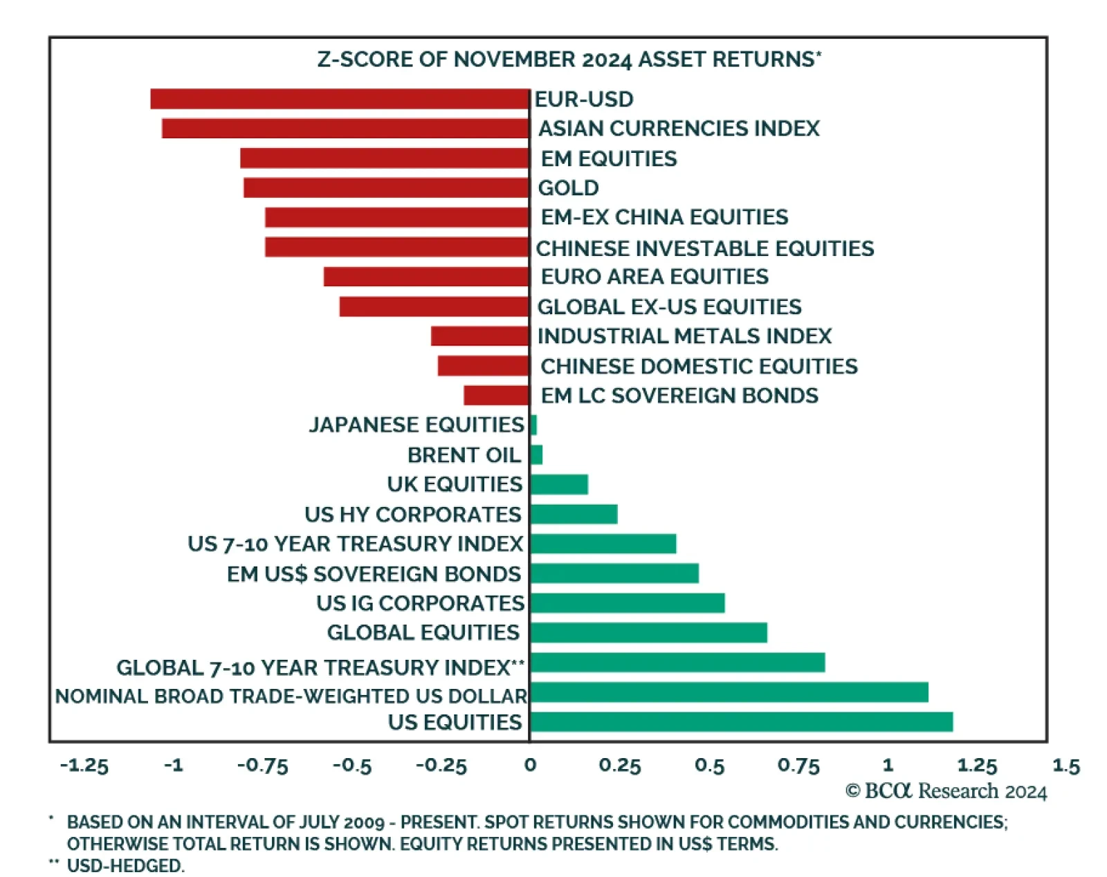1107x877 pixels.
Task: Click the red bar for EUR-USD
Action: pyautogui.click(x=340, y=99)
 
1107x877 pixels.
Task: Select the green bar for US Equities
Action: pyautogui.click(x=741, y=722)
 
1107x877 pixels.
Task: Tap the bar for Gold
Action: pyautogui.click(x=386, y=187)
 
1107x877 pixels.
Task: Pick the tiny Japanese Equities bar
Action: pyautogui.click(x=533, y=425)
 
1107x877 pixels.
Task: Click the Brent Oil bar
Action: pyautogui.click(x=536, y=454)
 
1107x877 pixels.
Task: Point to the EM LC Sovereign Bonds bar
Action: pyautogui.click(x=496, y=396)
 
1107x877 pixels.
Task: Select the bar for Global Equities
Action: pyautogui.click(x=648, y=633)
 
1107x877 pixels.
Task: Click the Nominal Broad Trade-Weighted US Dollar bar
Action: pyautogui.click(x=729, y=692)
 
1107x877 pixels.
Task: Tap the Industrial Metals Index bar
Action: pyautogui.click(x=479, y=336)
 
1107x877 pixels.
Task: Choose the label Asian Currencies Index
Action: pyautogui.click(x=679, y=129)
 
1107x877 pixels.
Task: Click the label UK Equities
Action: pyautogui.click(x=455, y=484)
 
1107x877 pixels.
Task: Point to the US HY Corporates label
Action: pyautogui.click(x=413, y=515)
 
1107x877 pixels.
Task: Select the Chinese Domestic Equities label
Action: pyautogui.click(x=699, y=366)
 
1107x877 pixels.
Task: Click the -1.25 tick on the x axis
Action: pyautogui.click(x=84, y=766)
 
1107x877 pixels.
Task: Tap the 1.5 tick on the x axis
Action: pyautogui.click(x=1065, y=766)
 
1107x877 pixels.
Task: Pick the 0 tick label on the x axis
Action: pyautogui.click(x=530, y=765)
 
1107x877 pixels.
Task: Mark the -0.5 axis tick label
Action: pyautogui.click(x=352, y=766)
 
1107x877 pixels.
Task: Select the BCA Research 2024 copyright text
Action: pyautogui.click(x=946, y=791)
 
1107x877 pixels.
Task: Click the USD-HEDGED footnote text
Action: pyautogui.click(x=125, y=865)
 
